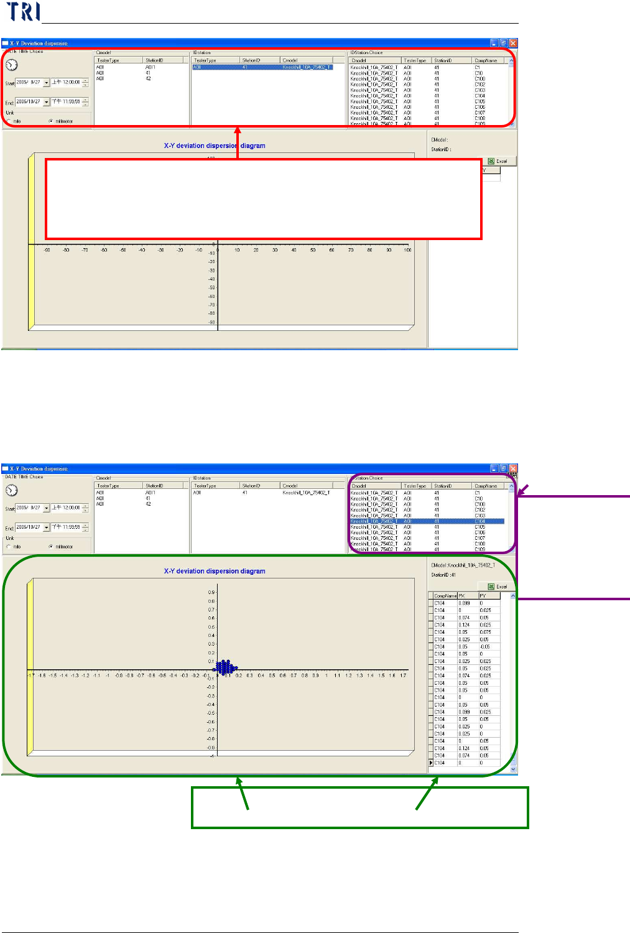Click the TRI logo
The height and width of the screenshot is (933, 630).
(x=23, y=12)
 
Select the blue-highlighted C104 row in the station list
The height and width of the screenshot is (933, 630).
(x=427, y=521)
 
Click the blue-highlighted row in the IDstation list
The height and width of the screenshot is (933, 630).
(x=262, y=67)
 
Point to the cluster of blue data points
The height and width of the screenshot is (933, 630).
(x=226, y=667)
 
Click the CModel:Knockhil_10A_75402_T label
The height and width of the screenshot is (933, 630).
(x=463, y=565)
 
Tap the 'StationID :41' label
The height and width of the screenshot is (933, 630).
(x=443, y=575)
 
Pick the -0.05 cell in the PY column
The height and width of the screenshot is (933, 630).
(x=485, y=647)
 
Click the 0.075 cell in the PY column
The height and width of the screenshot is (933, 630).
(x=485, y=632)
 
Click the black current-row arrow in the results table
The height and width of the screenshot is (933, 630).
(x=431, y=763)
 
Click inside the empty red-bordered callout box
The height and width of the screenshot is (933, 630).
(x=263, y=199)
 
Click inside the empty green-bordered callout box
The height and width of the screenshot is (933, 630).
(x=359, y=807)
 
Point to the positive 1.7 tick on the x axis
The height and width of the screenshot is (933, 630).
(x=404, y=675)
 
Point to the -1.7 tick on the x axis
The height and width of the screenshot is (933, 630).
(x=31, y=675)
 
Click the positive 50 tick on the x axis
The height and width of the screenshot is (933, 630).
(x=313, y=250)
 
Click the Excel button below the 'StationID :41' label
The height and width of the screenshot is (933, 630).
(x=498, y=587)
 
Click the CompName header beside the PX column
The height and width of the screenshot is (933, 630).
(x=445, y=596)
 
